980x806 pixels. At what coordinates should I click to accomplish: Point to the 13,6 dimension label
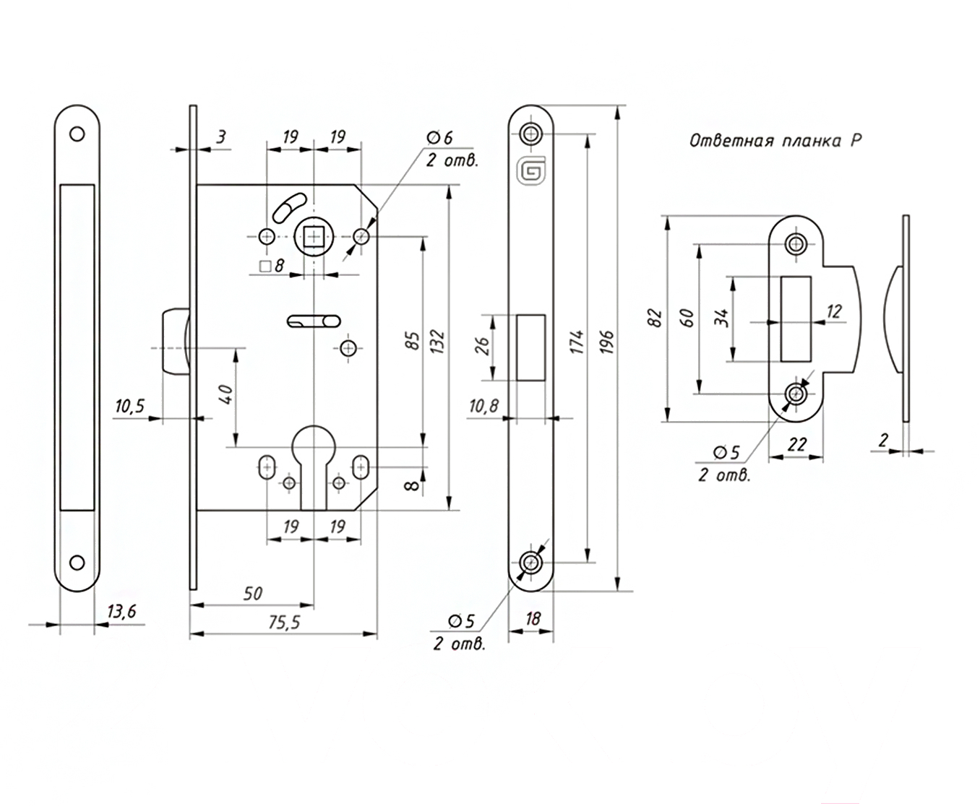click(121, 612)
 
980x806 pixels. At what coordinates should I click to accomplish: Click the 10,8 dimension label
click(483, 407)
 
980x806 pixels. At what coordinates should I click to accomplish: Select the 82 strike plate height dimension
click(656, 318)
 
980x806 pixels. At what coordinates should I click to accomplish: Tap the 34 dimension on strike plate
click(721, 318)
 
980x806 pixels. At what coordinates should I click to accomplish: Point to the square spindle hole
click(314, 236)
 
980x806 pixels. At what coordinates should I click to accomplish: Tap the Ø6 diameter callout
click(439, 137)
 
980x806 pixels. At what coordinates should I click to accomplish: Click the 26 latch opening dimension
click(483, 347)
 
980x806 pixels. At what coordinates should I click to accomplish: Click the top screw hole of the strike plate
click(796, 243)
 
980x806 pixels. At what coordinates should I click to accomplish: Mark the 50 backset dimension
click(252, 594)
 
